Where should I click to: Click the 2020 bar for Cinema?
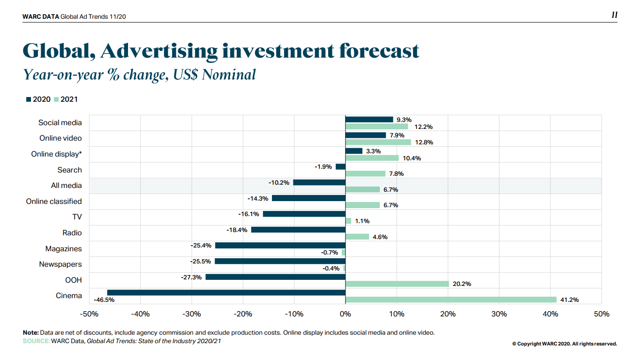click(x=226, y=292)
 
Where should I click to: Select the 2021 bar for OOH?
click(x=397, y=284)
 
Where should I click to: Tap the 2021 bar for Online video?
click(x=378, y=142)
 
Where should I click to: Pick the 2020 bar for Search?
click(x=340, y=166)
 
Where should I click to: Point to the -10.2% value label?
click(x=279, y=182)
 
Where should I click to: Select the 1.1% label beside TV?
click(x=362, y=221)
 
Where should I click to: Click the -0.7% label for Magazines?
click(x=330, y=253)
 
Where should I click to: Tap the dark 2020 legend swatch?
click(x=28, y=99)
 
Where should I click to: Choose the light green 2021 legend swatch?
click(x=56, y=99)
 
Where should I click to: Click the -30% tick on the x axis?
click(x=191, y=314)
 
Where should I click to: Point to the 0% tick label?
click(x=345, y=314)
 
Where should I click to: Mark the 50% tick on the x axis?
click(x=602, y=314)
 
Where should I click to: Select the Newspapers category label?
click(x=60, y=264)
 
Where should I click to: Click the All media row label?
click(x=66, y=186)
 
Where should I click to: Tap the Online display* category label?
click(x=56, y=154)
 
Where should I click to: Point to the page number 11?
click(x=614, y=15)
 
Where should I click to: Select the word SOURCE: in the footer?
click(x=36, y=341)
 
